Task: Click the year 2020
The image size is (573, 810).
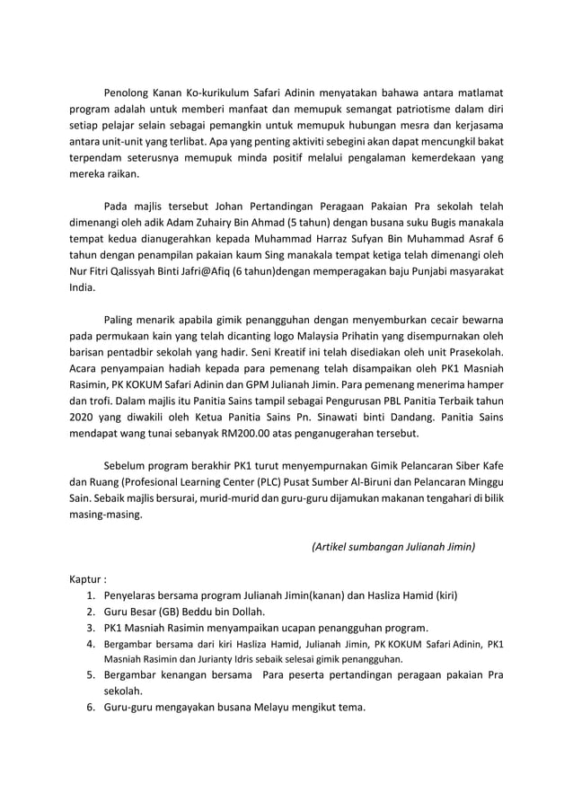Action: tap(84, 417)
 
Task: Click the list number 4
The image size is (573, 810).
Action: tap(91, 645)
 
